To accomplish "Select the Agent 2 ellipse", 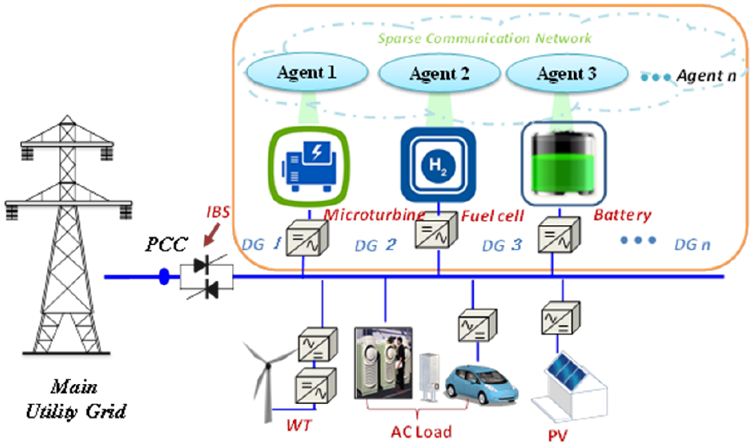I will coord(439,73).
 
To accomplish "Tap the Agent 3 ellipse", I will coord(567,73).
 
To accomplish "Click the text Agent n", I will coord(706,76).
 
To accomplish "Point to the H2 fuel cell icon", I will coord(438,165).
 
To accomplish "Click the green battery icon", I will coord(563,164).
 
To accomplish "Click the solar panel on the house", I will coord(566,373).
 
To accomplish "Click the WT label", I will coord(299,425).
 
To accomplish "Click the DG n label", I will coord(692,245).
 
